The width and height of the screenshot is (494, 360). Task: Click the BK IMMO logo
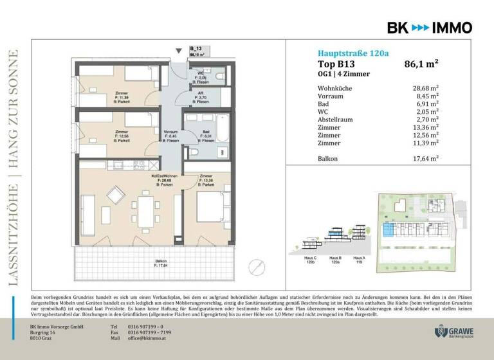tap(429, 27)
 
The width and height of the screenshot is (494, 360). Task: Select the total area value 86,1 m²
tap(421, 64)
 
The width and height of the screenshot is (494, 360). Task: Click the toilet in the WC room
tap(219, 77)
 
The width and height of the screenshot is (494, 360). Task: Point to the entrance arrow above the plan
tap(180, 52)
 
